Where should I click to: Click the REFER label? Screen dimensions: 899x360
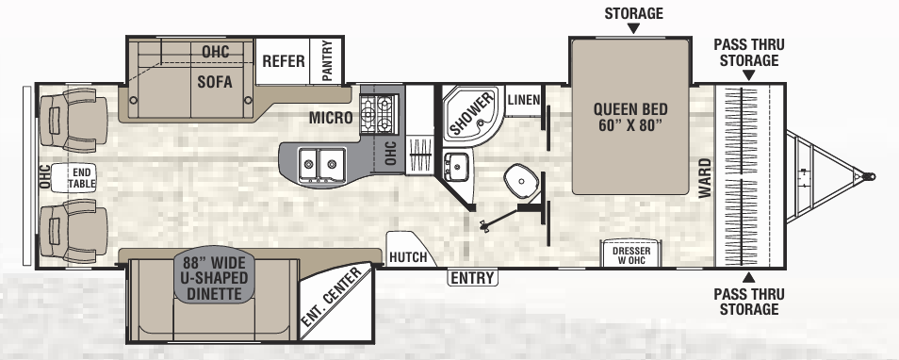284,60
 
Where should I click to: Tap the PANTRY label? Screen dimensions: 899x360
327,60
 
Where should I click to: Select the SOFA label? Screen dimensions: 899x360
215,82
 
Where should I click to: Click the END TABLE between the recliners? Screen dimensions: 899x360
74,178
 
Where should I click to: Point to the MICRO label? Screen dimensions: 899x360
331,118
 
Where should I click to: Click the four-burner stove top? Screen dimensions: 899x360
378,113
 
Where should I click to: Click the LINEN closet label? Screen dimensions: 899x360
523,100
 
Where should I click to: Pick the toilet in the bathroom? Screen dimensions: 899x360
521,180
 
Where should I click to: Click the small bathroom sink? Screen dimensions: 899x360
456,166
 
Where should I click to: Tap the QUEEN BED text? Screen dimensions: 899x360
630,117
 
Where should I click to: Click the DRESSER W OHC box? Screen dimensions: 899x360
630,254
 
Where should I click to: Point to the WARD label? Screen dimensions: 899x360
705,178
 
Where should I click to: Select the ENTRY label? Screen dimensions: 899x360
472,278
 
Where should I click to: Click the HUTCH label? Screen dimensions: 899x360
408,257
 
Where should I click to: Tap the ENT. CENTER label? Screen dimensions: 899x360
332,297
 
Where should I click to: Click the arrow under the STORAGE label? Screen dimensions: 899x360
633,28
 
